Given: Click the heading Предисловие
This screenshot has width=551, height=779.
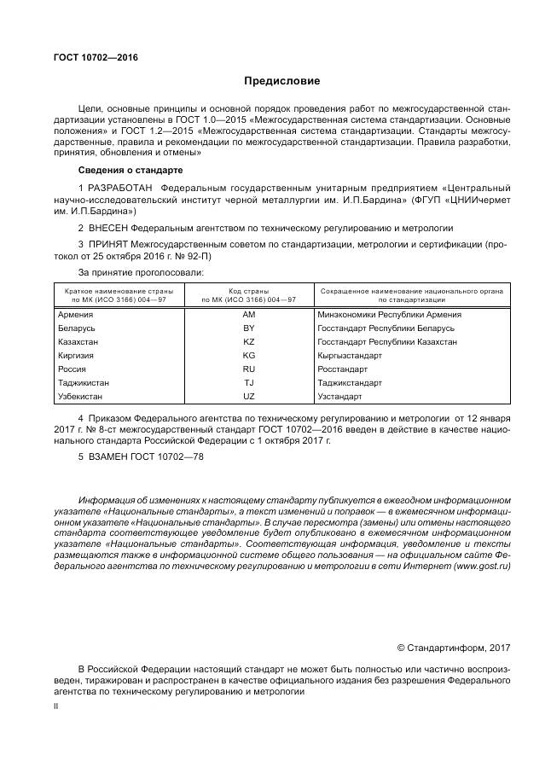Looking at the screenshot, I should point(281,82).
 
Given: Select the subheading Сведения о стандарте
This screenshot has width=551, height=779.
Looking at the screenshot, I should point(125,171).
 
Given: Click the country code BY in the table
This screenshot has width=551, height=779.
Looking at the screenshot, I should point(249,328).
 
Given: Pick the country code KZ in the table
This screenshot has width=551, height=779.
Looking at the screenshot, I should point(249,341).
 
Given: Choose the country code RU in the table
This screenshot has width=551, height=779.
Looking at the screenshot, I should point(249,369).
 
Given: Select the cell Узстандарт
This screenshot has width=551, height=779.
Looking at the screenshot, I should point(339,397).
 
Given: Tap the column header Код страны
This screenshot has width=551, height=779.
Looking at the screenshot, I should point(249,290).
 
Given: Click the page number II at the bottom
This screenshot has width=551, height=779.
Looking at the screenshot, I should point(55,707).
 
